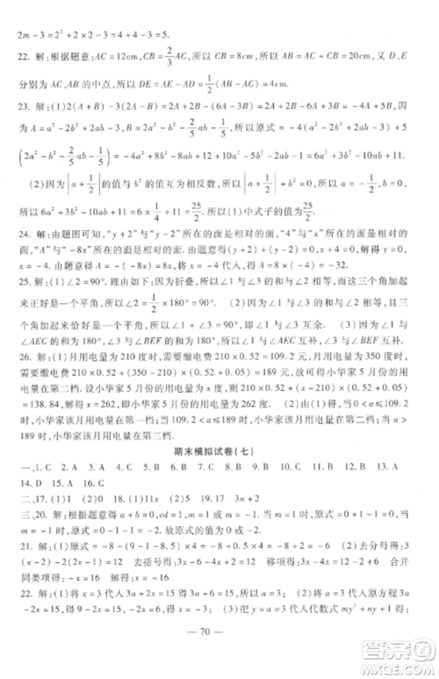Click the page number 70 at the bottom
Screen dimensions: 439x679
click(219, 654)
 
